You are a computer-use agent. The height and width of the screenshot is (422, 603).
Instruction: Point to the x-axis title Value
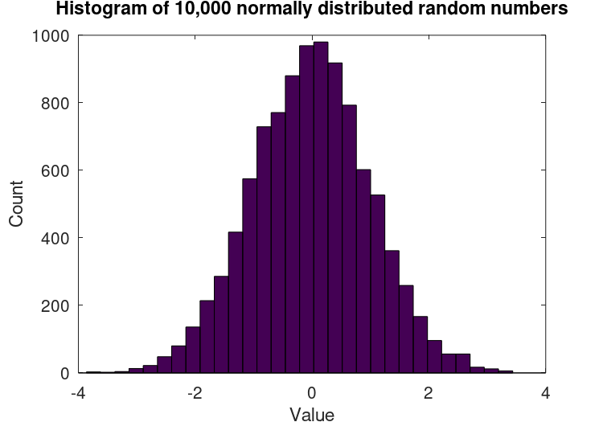pyautogui.click(x=312, y=413)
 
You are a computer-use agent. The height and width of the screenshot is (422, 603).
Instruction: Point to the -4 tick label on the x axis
pyautogui.click(x=78, y=393)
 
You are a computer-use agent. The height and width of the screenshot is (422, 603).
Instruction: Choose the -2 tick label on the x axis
pyautogui.click(x=195, y=393)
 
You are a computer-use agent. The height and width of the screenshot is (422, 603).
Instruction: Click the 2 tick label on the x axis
pyautogui.click(x=429, y=393)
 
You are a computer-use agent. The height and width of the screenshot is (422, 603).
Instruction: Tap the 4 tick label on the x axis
pyautogui.click(x=545, y=393)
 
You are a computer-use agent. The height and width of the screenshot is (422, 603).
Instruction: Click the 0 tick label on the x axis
pyautogui.click(x=312, y=393)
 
